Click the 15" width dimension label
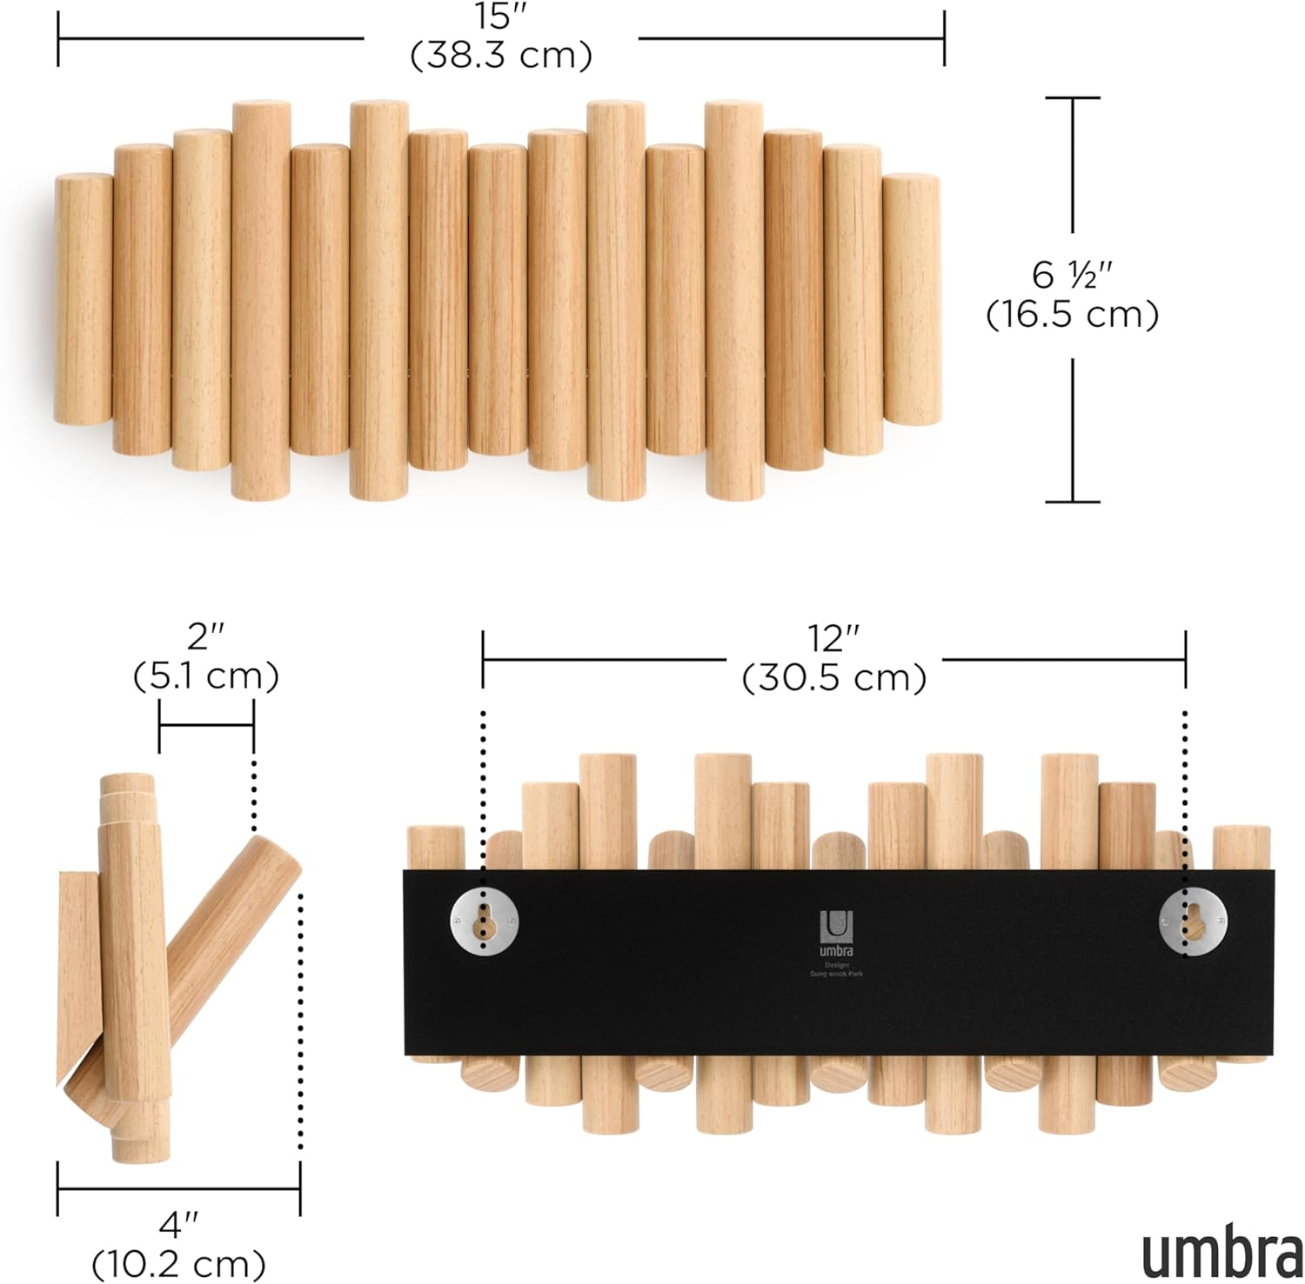(x=500, y=18)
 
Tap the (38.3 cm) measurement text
(x=500, y=56)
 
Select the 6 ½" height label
(x=1073, y=275)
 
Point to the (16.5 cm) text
(x=1073, y=315)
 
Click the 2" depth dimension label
(x=206, y=638)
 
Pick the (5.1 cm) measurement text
(x=206, y=675)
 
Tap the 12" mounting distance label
(x=833, y=640)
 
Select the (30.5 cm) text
(x=833, y=678)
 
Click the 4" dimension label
(x=178, y=1225)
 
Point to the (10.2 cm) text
(x=178, y=1262)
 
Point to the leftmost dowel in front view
(x=84, y=300)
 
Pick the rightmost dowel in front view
(x=911, y=300)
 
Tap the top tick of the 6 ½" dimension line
(x=1073, y=97)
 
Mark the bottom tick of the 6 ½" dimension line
(x=1073, y=502)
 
